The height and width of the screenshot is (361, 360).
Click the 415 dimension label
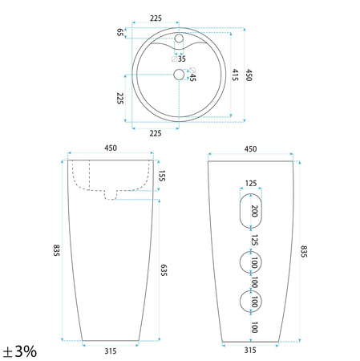pyautogui.click(x=235, y=75)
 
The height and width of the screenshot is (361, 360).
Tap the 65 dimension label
pyautogui.click(x=120, y=32)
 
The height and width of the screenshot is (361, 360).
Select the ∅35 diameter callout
pyautogui.click(x=179, y=59)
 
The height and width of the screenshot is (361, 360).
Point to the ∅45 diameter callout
pyautogui.click(x=192, y=75)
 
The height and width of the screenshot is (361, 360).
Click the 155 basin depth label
pyautogui.click(x=162, y=176)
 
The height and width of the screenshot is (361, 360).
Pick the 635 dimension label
pyautogui.click(x=164, y=270)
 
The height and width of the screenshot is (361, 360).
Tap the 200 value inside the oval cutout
pyautogui.click(x=255, y=211)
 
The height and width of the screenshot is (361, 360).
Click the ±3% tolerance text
pyautogui.click(x=20, y=351)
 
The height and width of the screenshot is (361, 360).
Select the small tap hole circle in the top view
pyautogui.click(x=179, y=39)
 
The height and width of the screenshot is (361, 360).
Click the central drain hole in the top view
pyautogui.click(x=179, y=75)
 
